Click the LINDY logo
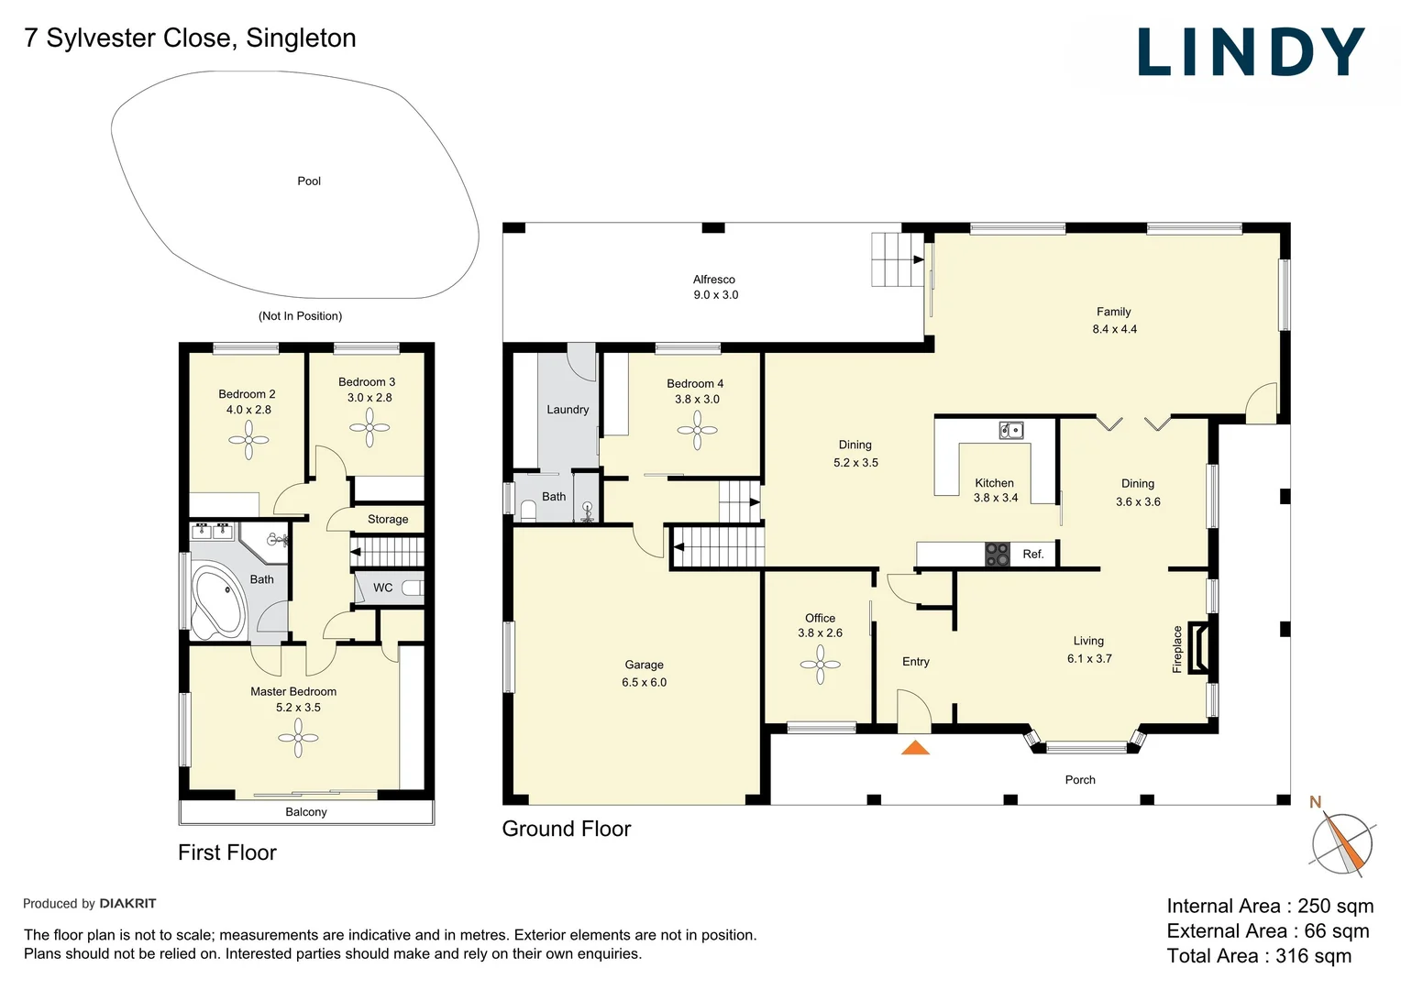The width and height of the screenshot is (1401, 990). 1251,52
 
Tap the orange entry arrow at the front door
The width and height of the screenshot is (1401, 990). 915,747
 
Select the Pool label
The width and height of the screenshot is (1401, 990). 309,181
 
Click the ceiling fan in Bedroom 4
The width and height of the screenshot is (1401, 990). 698,430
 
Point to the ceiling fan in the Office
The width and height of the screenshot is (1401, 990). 820,665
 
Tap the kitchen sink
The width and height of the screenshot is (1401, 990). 1011,430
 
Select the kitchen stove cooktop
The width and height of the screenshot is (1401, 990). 997,554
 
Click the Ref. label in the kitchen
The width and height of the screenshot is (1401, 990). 1033,555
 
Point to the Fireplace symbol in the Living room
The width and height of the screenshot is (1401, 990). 1197,649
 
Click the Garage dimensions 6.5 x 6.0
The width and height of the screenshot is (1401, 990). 645,683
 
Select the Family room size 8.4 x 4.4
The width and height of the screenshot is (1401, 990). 1114,329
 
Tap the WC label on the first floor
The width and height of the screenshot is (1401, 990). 383,588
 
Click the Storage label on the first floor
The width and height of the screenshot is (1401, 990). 388,520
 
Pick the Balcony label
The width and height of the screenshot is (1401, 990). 306,812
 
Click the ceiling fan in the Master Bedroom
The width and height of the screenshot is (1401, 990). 298,738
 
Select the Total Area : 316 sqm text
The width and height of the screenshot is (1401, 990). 1259,956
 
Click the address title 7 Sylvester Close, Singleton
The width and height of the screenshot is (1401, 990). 190,38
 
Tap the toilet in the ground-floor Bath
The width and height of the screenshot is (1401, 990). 528,510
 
